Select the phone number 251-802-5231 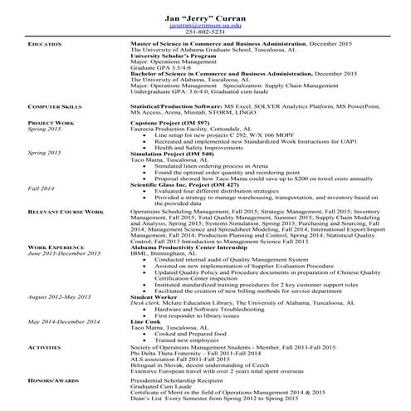tap(205, 32)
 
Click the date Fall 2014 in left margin tap(42, 189)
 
